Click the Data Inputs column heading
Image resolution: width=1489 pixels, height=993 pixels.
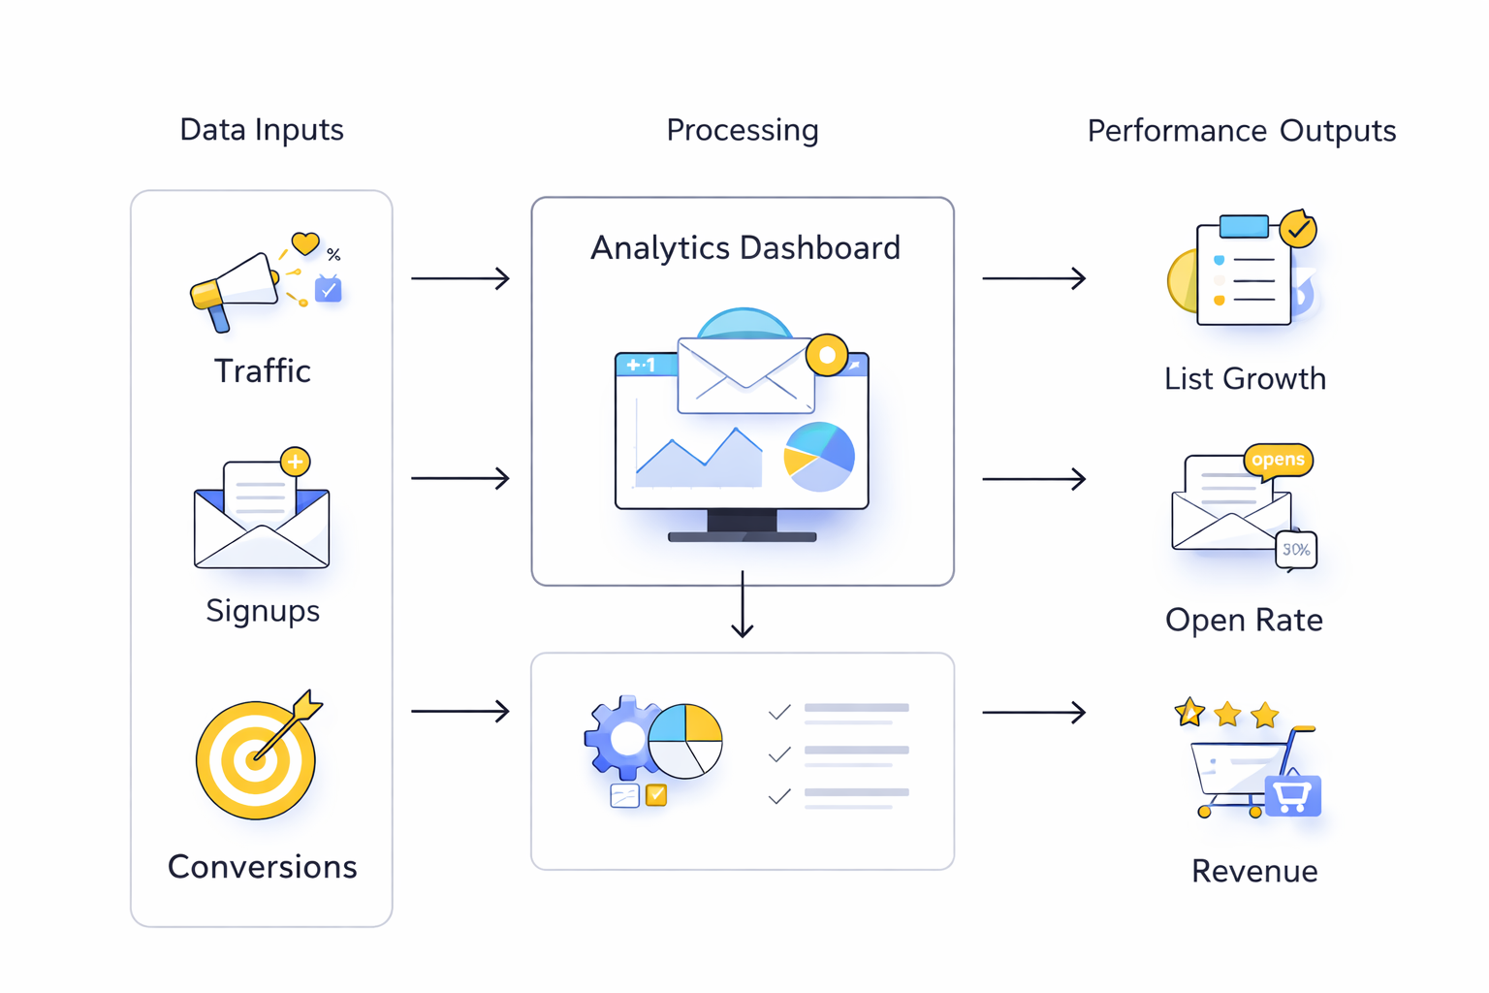[262, 130]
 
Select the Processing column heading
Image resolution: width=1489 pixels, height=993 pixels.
[743, 130]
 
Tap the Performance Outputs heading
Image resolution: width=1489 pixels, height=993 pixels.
[1241, 131]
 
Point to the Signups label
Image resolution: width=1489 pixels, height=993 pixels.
[263, 611]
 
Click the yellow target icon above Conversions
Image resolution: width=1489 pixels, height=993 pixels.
[256, 759]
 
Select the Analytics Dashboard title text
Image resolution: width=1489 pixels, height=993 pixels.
[744, 248]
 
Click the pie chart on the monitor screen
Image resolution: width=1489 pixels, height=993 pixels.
[819, 457]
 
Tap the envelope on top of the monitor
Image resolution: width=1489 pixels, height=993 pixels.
[744, 375]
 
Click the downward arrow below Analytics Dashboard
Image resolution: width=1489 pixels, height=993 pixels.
[743, 605]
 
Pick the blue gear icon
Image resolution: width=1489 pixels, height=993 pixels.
[621, 738]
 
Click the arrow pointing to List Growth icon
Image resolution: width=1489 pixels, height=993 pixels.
[1033, 278]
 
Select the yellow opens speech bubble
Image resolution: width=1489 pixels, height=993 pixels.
[1278, 460]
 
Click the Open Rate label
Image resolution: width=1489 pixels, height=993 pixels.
[1244, 620]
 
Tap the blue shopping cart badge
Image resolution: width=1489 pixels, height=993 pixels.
[1292, 796]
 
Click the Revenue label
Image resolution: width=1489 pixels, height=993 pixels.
[1253, 871]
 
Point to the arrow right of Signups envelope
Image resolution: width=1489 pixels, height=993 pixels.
[460, 478]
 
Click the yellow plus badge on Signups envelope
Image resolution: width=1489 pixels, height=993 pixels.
[295, 462]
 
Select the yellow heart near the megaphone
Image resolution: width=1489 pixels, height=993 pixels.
[305, 243]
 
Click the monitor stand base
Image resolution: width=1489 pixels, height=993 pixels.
[743, 535]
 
